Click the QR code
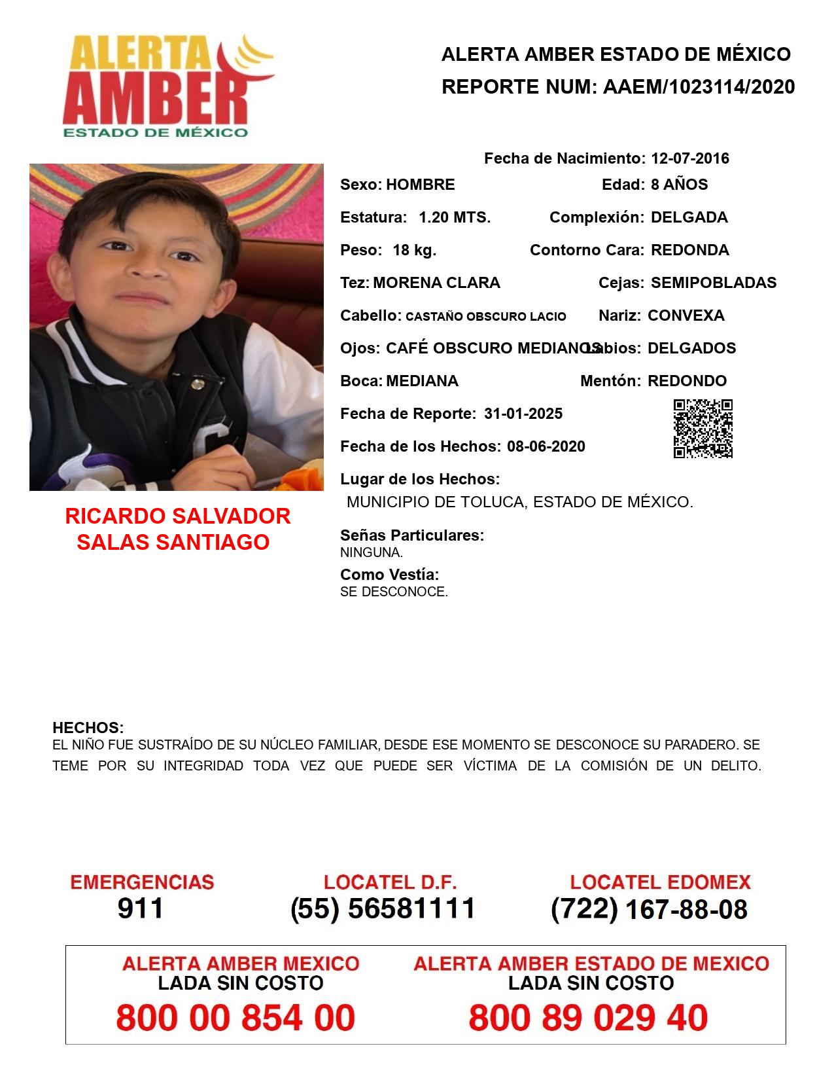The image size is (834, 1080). coord(703,429)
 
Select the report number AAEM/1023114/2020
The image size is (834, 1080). coord(699,87)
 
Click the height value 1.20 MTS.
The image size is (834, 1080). coord(455,217)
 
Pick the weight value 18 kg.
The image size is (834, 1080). coord(414,250)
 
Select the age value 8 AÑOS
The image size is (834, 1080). coord(679,185)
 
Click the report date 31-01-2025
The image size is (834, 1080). coord(523,414)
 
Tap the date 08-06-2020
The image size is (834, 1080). coord(546,446)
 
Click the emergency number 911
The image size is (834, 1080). coord(141,909)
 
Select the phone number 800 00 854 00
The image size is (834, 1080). coord(235,1018)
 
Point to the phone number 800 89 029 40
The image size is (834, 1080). coord(588,1018)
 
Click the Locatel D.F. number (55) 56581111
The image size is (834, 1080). coord(383,909)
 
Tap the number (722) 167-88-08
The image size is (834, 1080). coord(649,909)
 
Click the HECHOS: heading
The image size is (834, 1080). coord(88,728)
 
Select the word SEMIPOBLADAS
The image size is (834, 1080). coord(714,283)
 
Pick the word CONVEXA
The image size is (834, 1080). coord(686,315)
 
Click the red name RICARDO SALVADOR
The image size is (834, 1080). coord(177,516)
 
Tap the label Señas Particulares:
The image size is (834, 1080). coord(412,535)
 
